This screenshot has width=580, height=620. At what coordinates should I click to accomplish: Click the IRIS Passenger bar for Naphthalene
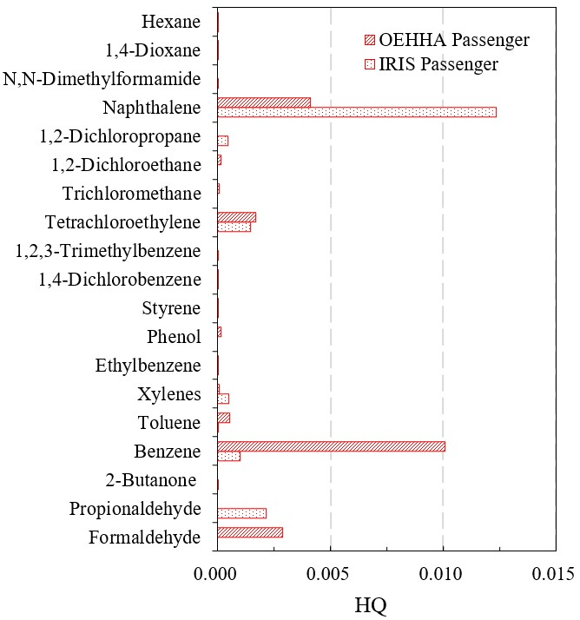tap(356, 112)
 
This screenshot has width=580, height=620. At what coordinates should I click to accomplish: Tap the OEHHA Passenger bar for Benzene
tap(331, 446)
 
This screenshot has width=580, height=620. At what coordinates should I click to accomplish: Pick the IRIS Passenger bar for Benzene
tap(228, 456)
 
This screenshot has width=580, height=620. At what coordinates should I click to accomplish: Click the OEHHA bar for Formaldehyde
tap(250, 532)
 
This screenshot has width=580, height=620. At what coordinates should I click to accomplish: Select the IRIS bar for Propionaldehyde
tap(241, 513)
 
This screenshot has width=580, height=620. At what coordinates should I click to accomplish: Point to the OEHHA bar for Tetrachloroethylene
tap(236, 217)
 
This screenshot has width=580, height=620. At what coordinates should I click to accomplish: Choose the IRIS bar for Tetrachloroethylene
tap(234, 227)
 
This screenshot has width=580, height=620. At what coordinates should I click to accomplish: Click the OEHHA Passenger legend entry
tap(445, 40)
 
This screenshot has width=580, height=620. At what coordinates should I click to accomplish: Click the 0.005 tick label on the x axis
tap(330, 574)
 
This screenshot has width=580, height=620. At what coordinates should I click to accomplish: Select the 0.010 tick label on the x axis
tap(443, 574)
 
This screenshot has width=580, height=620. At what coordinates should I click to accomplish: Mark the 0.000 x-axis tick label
tap(217, 574)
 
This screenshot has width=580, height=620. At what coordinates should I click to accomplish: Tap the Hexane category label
tap(171, 22)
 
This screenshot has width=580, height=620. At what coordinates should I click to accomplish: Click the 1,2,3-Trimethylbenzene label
tap(109, 251)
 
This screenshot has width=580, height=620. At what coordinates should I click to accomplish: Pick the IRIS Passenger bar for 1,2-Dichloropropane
tap(222, 141)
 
